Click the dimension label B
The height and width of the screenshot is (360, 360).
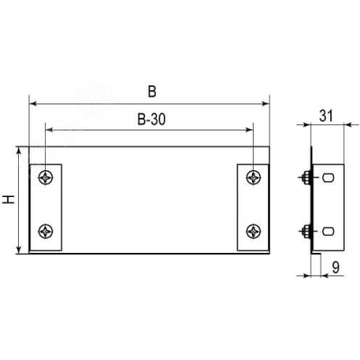coord(152,92)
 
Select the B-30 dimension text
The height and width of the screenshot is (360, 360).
coord(151,120)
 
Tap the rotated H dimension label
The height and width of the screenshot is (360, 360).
coord(9,200)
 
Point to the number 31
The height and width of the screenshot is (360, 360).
coord(326,116)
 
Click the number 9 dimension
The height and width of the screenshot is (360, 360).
coord(336,267)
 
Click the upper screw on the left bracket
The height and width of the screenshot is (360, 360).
coord(46,177)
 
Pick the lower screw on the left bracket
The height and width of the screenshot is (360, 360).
coord(46,231)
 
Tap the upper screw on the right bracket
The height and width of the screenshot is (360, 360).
coord(254,177)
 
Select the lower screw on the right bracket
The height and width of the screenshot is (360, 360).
coord(254,231)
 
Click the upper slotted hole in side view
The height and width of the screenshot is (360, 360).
coord(328,178)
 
